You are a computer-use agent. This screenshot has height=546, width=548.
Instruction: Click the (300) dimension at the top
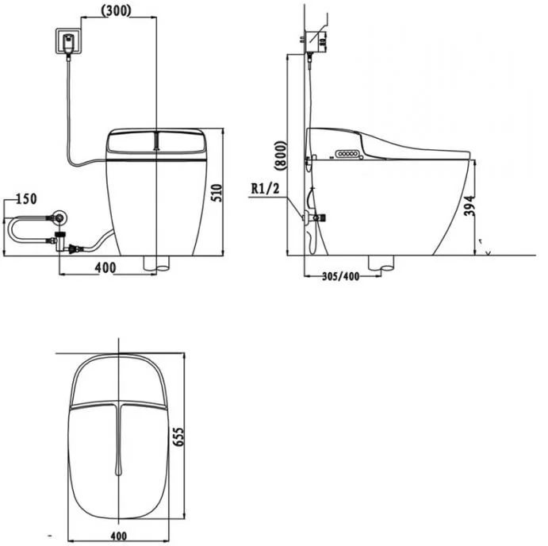click(116, 11)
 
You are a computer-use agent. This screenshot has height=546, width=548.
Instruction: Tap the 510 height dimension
click(217, 192)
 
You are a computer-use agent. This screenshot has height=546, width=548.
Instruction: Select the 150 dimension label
click(26, 198)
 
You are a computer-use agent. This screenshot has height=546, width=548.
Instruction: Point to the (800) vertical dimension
click(281, 156)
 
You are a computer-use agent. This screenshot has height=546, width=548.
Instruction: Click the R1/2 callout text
click(265, 189)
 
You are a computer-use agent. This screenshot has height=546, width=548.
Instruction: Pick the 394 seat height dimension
click(469, 206)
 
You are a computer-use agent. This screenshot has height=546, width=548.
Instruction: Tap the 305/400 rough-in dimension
click(340, 276)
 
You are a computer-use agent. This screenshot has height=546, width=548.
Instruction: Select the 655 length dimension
click(178, 436)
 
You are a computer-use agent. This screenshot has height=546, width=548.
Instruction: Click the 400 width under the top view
click(119, 536)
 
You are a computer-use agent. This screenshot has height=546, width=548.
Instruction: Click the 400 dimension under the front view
click(105, 268)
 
